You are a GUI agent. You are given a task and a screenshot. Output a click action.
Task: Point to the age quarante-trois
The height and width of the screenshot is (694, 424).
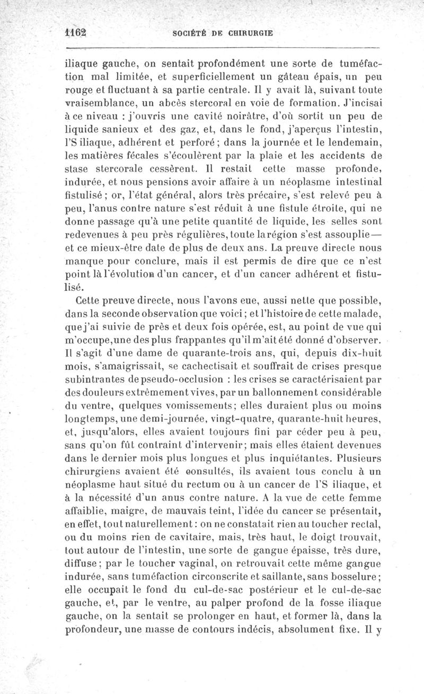click(x=212, y=351)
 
